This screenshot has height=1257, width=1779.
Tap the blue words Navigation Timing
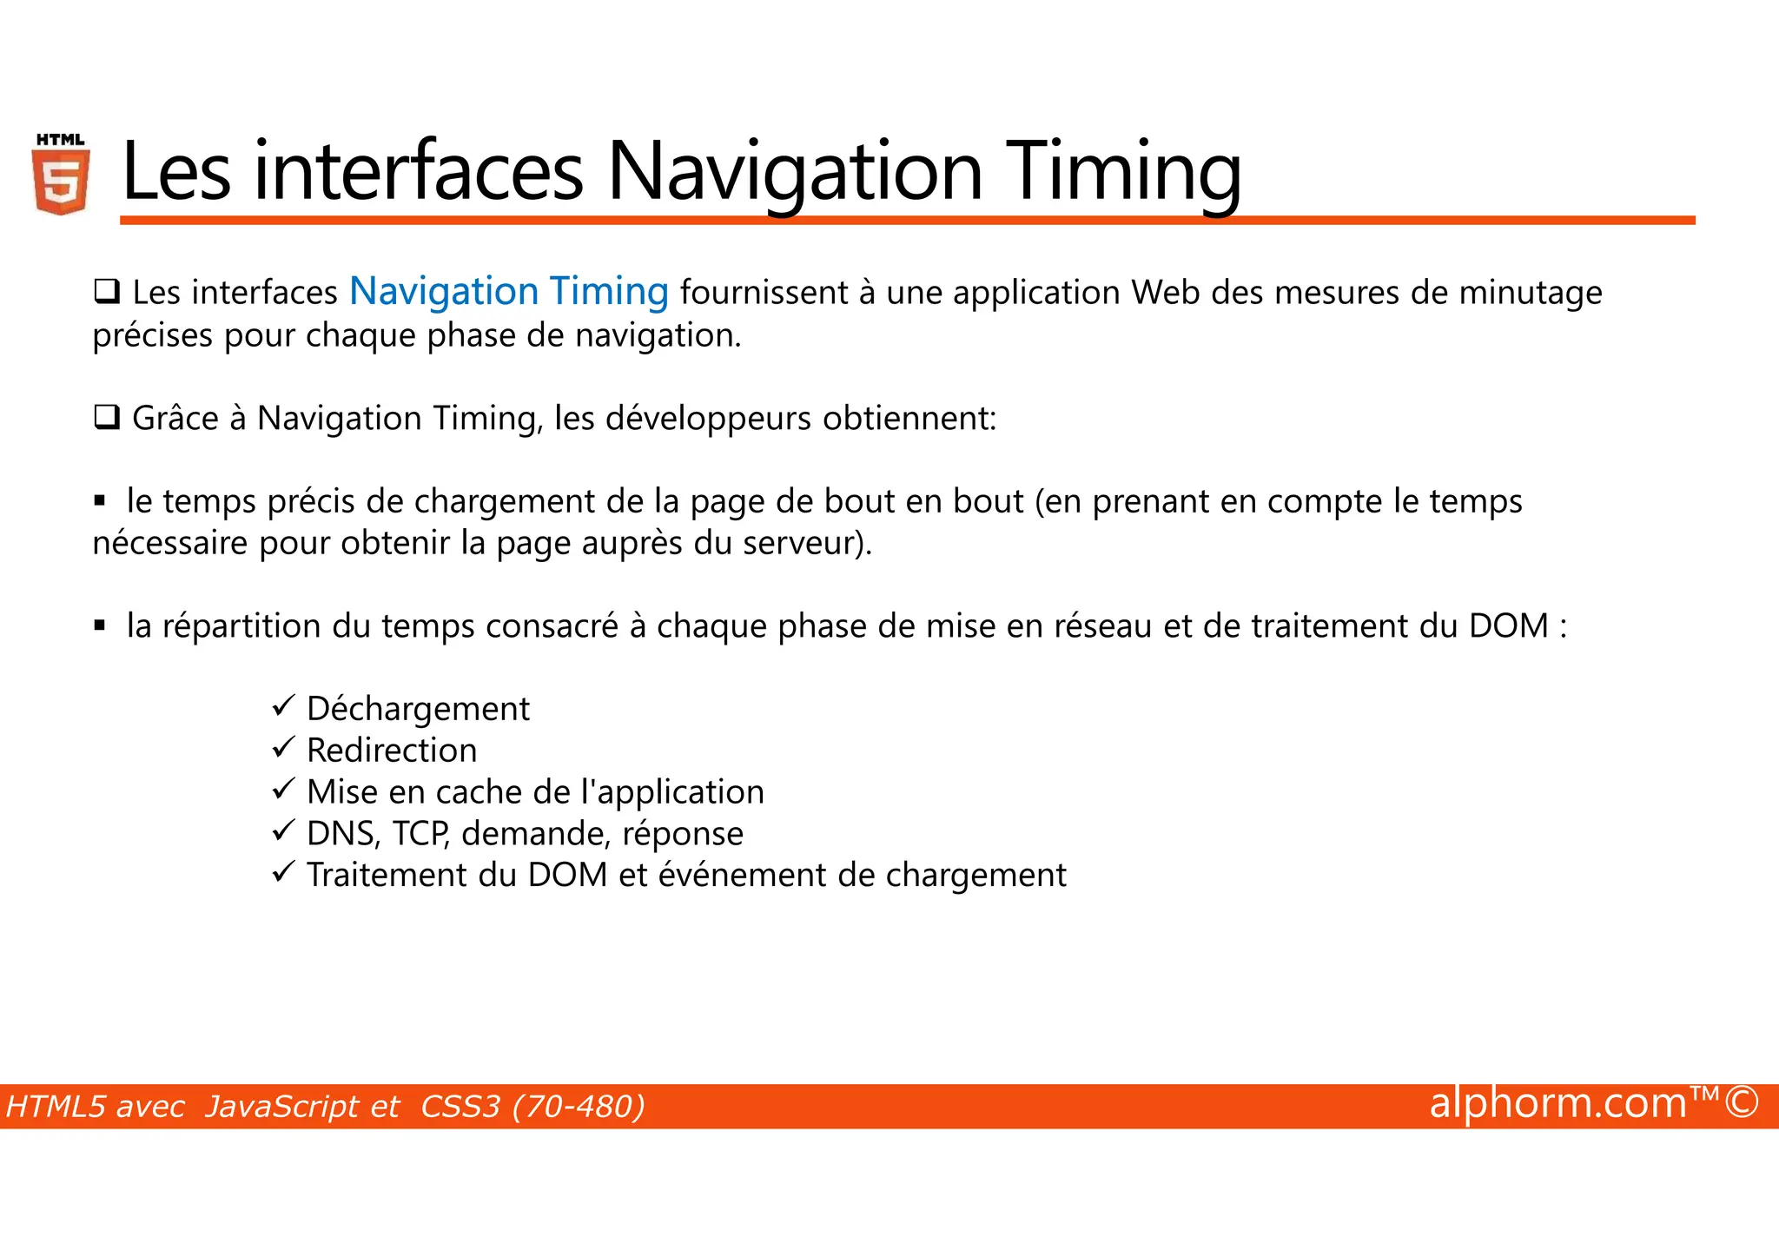(509, 292)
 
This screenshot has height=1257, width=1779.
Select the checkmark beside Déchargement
(284, 705)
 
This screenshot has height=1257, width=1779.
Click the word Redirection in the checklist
(392, 751)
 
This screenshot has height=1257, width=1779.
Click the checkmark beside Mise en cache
(284, 789)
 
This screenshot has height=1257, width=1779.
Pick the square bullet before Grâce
(107, 419)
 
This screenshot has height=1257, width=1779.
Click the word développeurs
(708, 419)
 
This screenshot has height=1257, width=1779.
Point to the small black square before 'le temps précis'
(100, 501)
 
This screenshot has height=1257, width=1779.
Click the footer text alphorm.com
(1557, 1103)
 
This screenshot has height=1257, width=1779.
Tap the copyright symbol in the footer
(1743, 1103)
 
